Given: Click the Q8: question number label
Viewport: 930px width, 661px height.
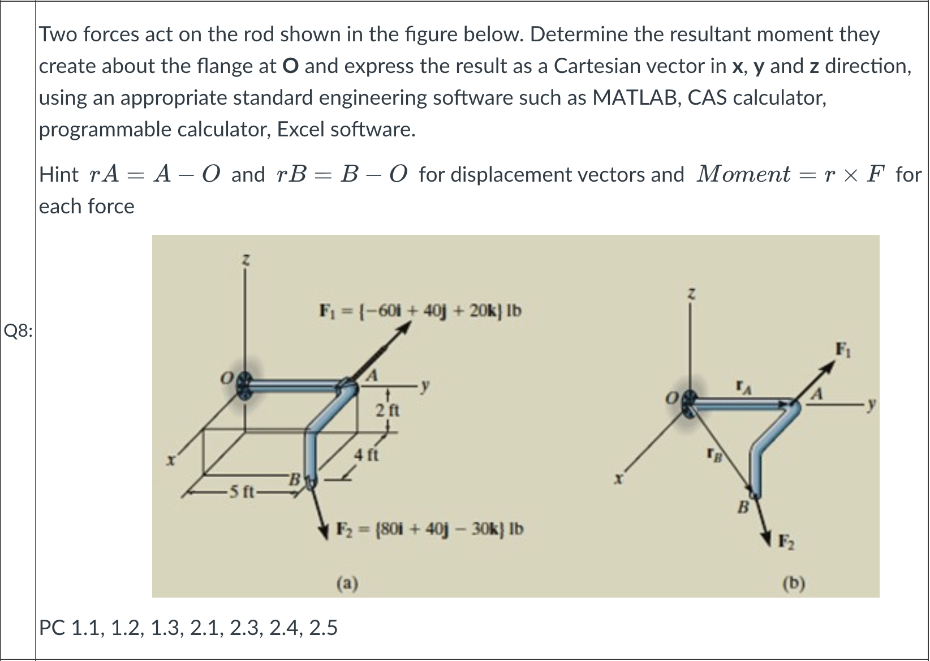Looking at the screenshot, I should pyautogui.click(x=18, y=330).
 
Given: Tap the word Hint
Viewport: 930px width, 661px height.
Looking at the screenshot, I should pyautogui.click(x=59, y=174).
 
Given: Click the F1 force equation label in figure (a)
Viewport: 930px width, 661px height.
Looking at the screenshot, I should pyautogui.click(x=420, y=311).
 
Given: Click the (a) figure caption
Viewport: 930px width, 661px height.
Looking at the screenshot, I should pyautogui.click(x=347, y=582).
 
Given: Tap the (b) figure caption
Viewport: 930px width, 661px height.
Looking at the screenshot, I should pyautogui.click(x=794, y=582).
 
